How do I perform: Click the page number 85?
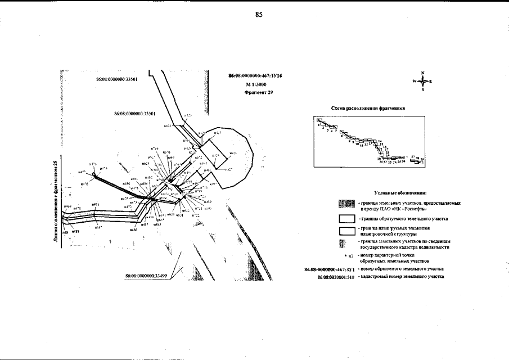coord(259,15)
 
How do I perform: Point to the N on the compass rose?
coord(423,73)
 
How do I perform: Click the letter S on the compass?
coord(423,89)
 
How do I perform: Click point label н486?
coord(134,229)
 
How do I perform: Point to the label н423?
coord(188,115)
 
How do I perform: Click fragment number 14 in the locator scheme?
coord(380,141)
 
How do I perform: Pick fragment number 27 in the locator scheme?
coord(413,157)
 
